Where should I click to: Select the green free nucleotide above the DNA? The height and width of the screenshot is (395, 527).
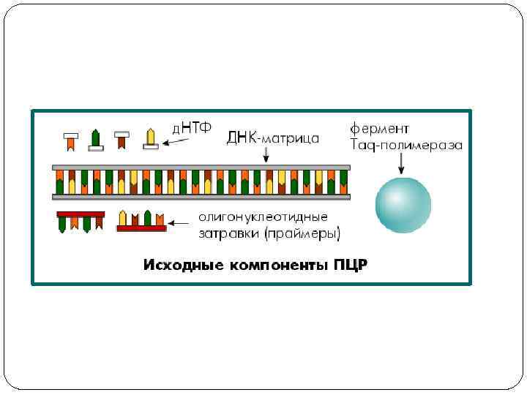94,139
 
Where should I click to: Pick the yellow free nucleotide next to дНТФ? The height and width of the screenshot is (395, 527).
151,138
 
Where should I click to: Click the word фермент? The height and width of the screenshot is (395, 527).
379,129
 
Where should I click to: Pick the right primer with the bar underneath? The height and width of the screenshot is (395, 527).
141,221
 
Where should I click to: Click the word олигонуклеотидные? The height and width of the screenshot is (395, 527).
263,217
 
